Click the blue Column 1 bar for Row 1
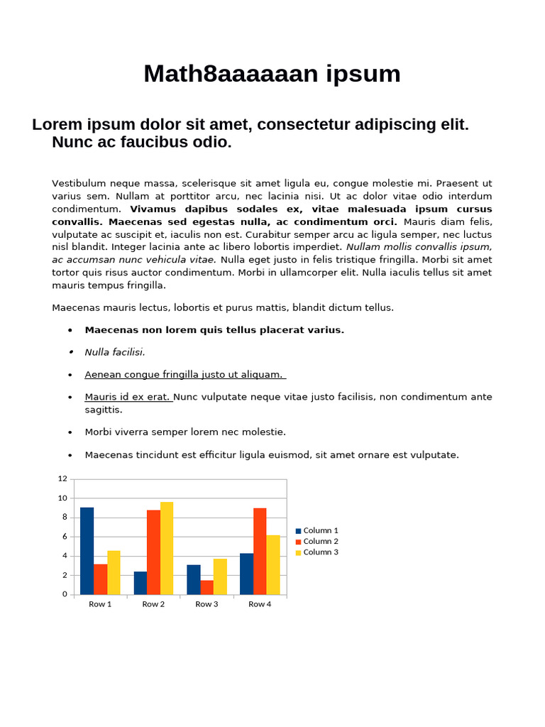pyautogui.click(x=87, y=551)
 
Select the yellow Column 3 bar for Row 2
pyautogui.click(x=167, y=548)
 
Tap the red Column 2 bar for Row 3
pyautogui.click(x=207, y=587)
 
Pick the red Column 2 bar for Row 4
pyautogui.click(x=260, y=551)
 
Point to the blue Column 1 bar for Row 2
pyautogui.click(x=140, y=583)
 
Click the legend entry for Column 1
pyautogui.click(x=316, y=530)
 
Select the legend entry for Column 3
pyautogui.click(x=316, y=552)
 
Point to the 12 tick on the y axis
pyautogui.click(x=62, y=479)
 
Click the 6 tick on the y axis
pyautogui.click(x=65, y=537)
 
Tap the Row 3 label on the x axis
pyautogui.click(x=207, y=604)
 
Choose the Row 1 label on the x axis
pyautogui.click(x=100, y=604)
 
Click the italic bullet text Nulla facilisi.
pyautogui.click(x=115, y=352)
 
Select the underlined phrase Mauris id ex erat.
pyautogui.click(x=128, y=397)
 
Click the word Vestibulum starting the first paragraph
pyautogui.click(x=79, y=183)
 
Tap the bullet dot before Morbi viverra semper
pyautogui.click(x=70, y=432)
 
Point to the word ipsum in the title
pyautogui.click(x=365, y=74)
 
